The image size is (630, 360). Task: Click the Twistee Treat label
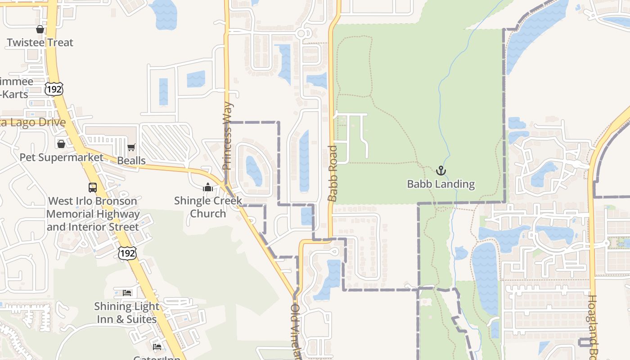point(40,43)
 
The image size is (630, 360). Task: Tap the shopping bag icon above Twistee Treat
point(40,29)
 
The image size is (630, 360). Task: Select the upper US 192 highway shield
point(54,89)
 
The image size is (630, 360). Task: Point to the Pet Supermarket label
point(61,157)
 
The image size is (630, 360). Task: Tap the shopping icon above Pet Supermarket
point(61,144)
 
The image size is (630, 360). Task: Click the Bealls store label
point(131,161)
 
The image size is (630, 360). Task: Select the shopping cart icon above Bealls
point(131,147)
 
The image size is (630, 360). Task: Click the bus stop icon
point(93,188)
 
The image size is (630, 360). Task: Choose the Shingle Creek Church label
point(208,207)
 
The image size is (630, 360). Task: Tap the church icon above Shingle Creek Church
point(208,187)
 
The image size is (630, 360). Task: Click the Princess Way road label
point(228,136)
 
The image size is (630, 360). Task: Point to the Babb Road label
point(333,173)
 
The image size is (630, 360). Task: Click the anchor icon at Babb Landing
point(441,171)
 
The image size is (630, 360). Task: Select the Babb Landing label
point(441,184)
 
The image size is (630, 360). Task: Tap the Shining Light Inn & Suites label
point(126,313)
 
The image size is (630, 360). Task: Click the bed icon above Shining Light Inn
point(127,293)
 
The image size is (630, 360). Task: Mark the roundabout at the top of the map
point(301,33)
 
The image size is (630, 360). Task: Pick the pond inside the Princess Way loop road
point(254,171)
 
